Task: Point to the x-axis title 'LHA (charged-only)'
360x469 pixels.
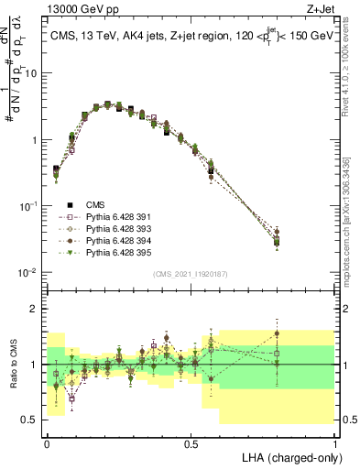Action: click(289, 456)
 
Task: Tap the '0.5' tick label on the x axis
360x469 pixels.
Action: click(191, 442)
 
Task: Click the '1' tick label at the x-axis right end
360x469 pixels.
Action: click(334, 442)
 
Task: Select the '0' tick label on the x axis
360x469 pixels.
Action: click(47, 442)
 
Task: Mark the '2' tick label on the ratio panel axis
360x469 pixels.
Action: click(37, 309)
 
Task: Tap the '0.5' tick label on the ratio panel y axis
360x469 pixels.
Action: click(32, 420)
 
